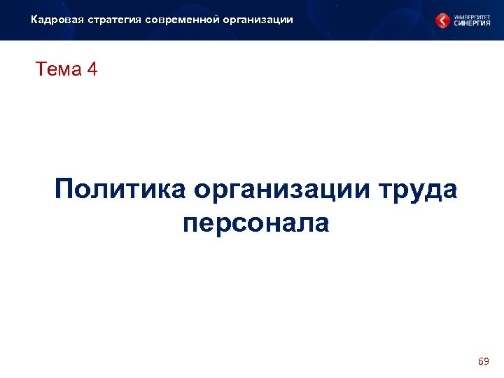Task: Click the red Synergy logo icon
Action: coord(443,21)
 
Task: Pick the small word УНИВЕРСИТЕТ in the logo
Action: coord(470,15)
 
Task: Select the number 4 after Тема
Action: coord(93,70)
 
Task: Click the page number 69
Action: coord(483,361)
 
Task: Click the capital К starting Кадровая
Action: coord(34,20)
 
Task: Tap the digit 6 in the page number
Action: coord(480,361)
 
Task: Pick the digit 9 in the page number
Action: coord(486,361)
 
